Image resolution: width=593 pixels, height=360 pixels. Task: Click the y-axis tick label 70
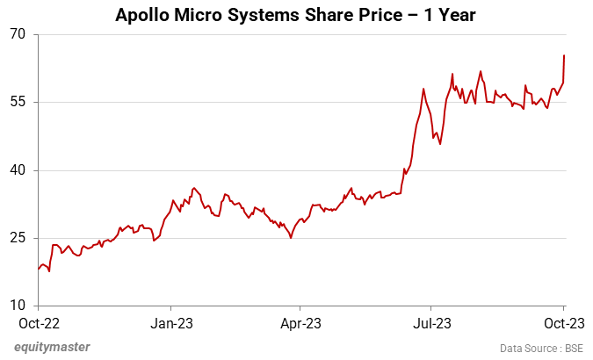(18, 34)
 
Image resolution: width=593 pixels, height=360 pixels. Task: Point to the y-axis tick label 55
(18, 102)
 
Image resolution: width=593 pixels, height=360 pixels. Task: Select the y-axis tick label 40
(18, 170)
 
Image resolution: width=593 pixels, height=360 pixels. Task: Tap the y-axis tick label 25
(18, 238)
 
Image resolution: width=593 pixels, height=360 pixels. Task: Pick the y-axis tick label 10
(18, 306)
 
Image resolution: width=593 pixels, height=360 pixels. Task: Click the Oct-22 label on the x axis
(38, 323)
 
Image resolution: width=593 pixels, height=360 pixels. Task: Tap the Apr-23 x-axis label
(300, 323)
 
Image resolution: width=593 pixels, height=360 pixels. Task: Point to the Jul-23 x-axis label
(433, 323)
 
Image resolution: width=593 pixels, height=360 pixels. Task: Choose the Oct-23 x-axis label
(563, 323)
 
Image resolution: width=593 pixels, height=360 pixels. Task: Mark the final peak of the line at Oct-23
(563, 55)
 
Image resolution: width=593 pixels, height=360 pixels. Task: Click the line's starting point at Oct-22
(39, 268)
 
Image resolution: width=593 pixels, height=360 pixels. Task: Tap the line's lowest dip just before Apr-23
(291, 238)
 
